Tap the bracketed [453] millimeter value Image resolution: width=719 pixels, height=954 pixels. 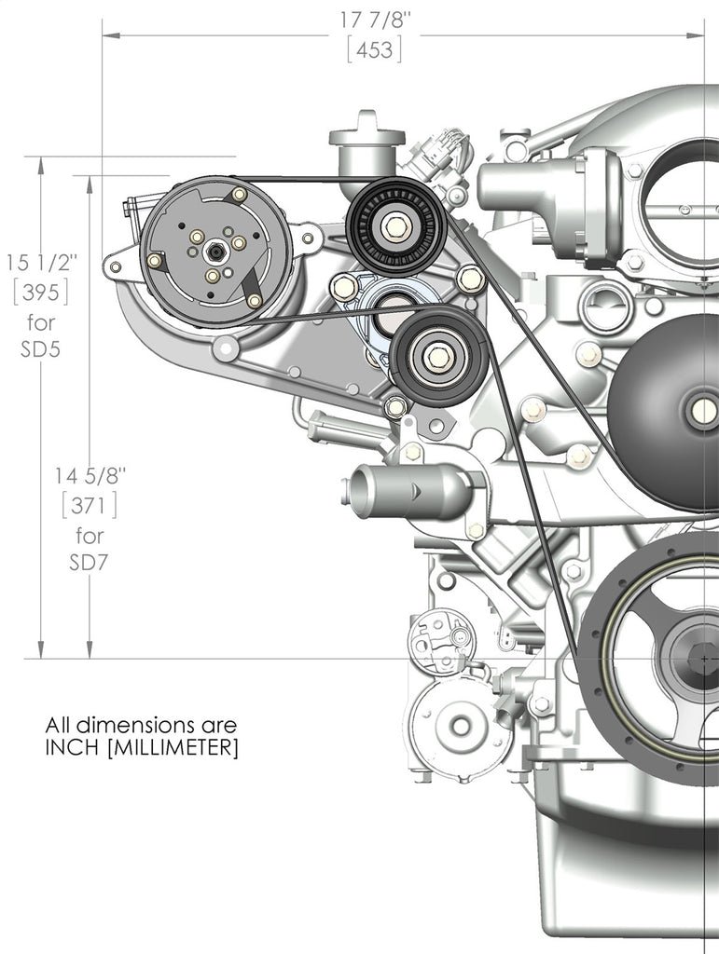(375, 50)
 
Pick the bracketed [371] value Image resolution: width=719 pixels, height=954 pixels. (90, 505)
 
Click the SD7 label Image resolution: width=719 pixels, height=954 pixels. (90, 564)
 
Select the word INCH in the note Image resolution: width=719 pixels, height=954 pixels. (74, 748)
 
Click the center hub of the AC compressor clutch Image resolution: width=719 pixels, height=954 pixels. (215, 252)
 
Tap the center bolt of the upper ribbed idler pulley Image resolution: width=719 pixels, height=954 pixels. (393, 224)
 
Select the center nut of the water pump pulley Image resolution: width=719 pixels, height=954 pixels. (704, 409)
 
